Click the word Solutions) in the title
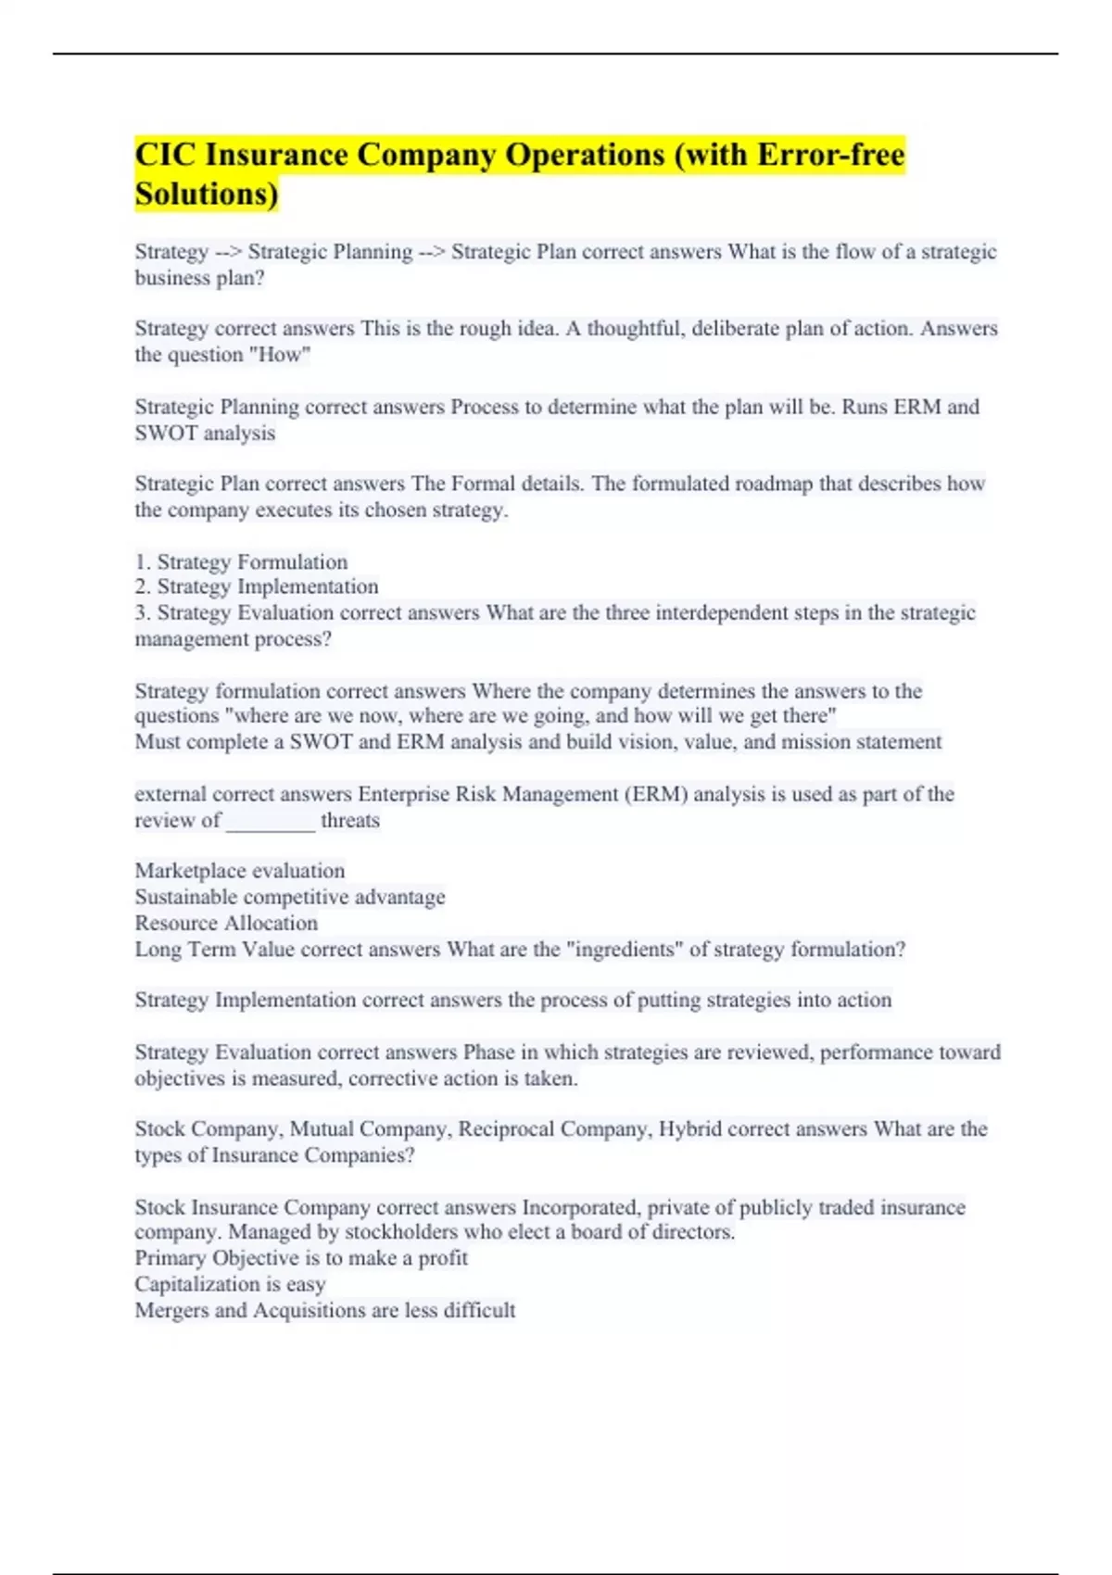click(x=206, y=195)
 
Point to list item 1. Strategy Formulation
click(x=241, y=561)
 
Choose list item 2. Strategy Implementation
click(x=257, y=586)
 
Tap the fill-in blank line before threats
click(x=270, y=821)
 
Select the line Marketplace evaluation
click(x=239, y=871)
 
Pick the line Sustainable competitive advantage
click(x=289, y=897)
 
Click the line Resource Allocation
click(x=226, y=923)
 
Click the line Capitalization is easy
click(x=230, y=1284)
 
